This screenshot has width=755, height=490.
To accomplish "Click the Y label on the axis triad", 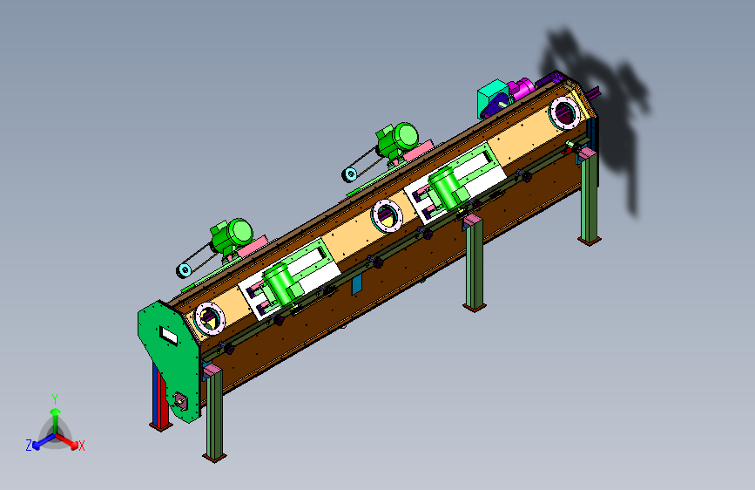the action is point(55,399).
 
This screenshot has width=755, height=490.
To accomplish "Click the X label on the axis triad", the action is point(82,446).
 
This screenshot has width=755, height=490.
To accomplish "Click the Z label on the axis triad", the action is point(29,446).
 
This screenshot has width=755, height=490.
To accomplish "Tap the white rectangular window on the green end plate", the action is point(169,335).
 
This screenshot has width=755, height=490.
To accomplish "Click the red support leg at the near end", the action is point(160,396).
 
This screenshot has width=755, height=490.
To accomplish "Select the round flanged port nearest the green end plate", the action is point(210,318).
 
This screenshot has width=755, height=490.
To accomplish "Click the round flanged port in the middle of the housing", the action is point(387,215).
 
